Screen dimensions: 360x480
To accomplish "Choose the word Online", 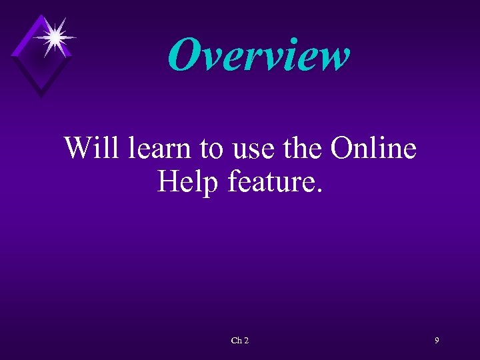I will (373, 147).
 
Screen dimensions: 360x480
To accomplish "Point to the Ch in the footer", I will (236, 341).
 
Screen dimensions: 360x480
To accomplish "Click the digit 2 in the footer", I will (246, 341).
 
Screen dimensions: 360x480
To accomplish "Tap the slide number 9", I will (437, 341).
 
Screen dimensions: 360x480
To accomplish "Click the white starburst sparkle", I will (55, 37).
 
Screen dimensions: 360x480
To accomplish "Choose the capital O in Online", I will (344, 147).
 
